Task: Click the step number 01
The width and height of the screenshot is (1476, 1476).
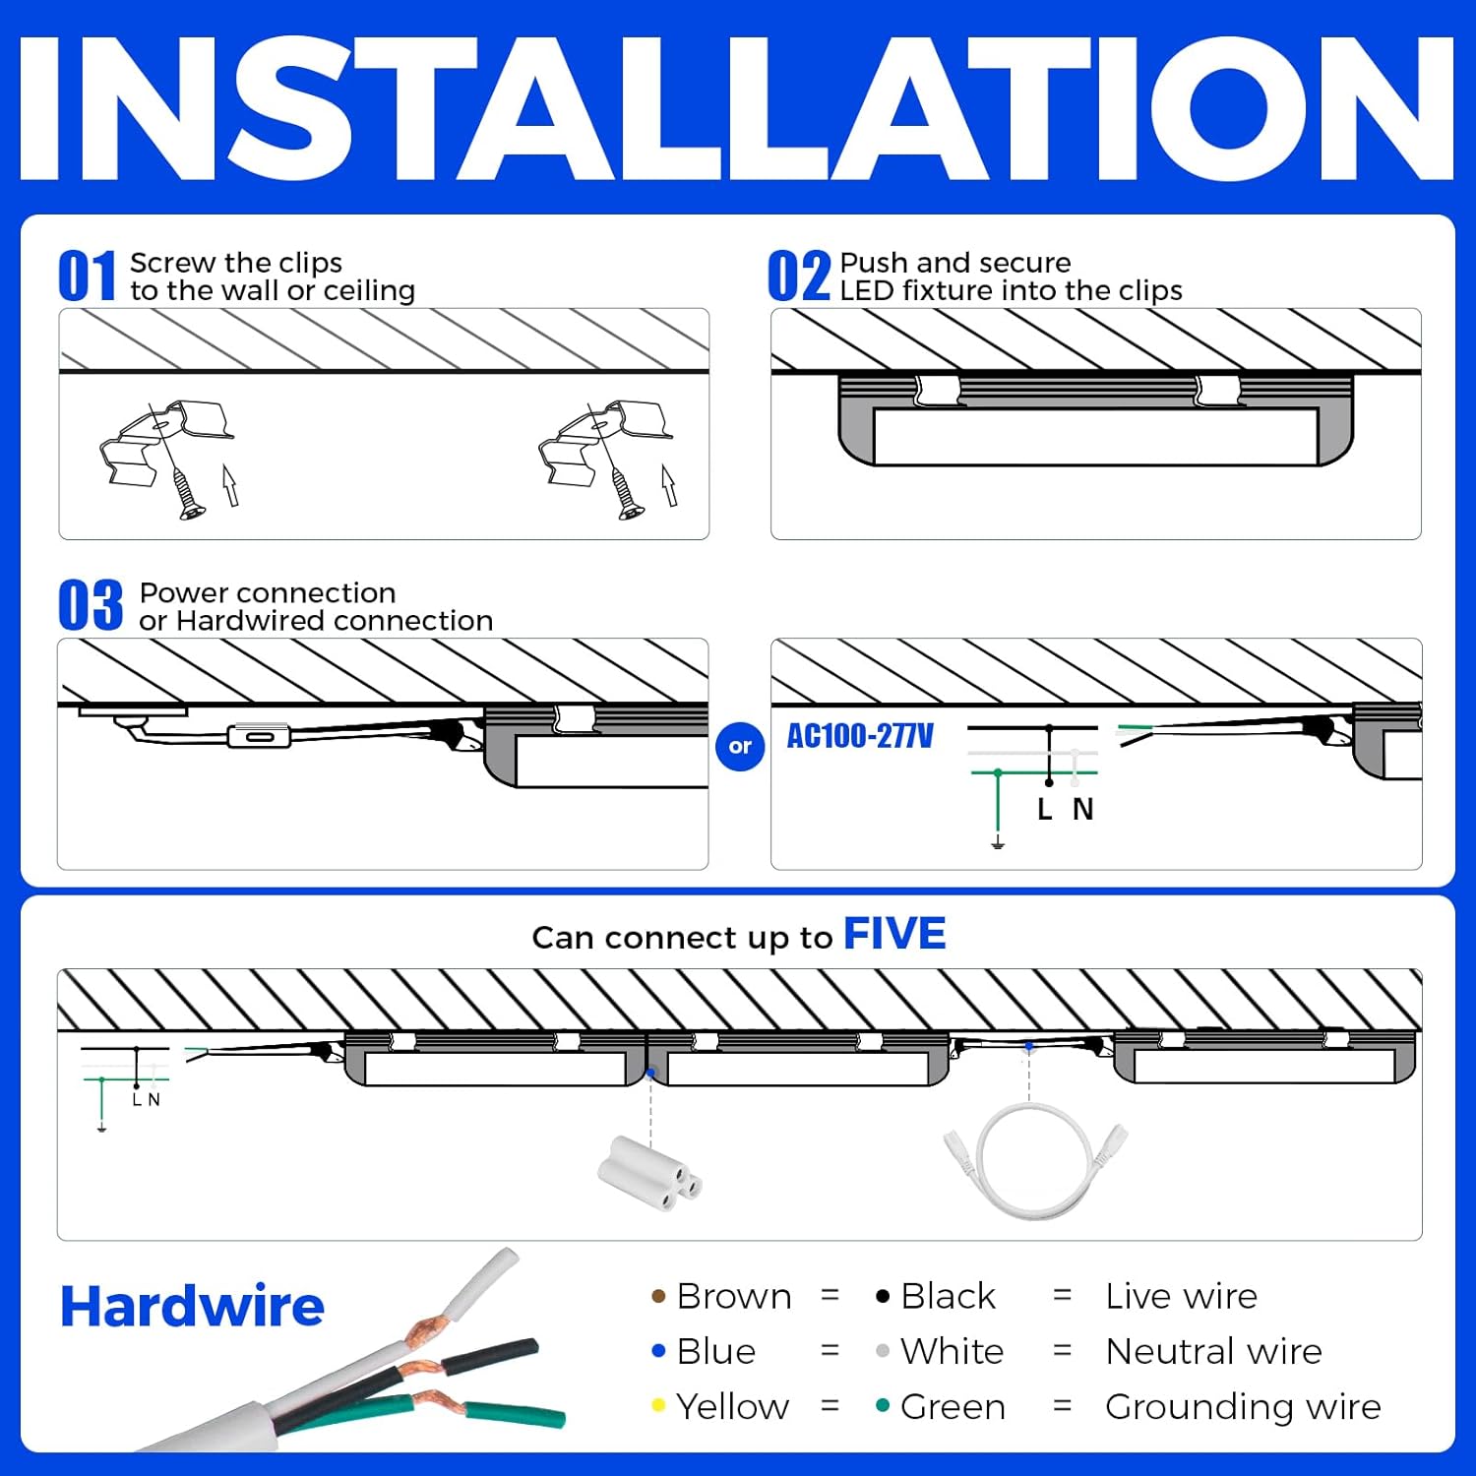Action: [x=87, y=277]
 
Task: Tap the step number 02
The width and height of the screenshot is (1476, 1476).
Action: [x=798, y=277]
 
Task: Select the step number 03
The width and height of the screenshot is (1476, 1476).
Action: [x=91, y=605]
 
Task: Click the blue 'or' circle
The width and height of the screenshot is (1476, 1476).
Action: [x=740, y=746]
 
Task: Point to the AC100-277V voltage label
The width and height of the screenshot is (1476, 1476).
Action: [x=860, y=736]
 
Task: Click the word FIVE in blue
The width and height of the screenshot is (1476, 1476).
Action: [x=893, y=934]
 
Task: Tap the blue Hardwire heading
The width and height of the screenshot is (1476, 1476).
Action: [x=192, y=1307]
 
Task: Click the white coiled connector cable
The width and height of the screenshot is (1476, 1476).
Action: [x=1035, y=1161]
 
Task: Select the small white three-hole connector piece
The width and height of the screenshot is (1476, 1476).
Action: [x=649, y=1171]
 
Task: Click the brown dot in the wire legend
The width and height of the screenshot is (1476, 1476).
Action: [x=658, y=1297]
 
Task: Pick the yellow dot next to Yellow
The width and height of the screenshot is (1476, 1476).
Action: [x=658, y=1405]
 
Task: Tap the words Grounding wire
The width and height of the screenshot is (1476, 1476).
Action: [x=1242, y=1407]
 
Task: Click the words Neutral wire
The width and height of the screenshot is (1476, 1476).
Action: [x=1212, y=1352]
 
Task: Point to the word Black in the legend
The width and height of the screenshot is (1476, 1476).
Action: [x=948, y=1297]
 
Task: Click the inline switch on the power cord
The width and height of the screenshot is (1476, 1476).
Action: [x=259, y=736]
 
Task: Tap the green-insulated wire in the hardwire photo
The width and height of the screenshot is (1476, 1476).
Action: [x=512, y=1413]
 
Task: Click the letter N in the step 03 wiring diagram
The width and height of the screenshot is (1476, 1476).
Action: [x=1082, y=809]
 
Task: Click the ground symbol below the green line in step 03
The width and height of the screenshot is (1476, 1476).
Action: [x=998, y=843]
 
